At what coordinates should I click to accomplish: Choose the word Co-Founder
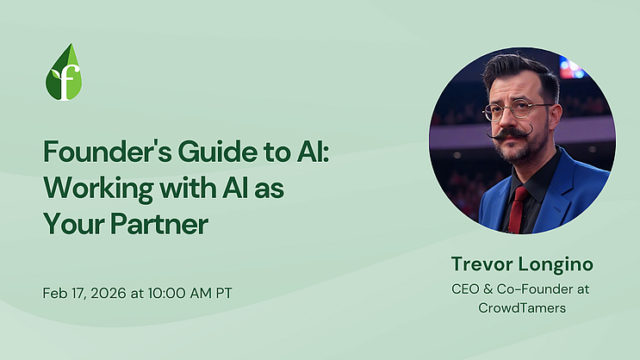[526, 288]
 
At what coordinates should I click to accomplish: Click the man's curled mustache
[516, 134]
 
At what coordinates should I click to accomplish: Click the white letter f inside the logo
[65, 79]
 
